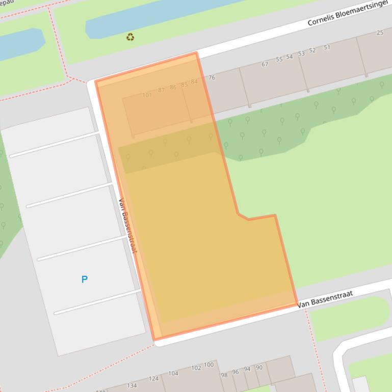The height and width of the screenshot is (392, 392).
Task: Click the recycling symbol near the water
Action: (130, 37)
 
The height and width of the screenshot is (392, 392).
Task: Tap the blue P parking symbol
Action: (85, 279)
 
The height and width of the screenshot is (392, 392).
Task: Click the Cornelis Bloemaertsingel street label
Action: (348, 14)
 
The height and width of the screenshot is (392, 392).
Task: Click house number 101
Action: (147, 95)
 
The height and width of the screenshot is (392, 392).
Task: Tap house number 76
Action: (212, 78)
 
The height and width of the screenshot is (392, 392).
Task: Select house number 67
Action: (265, 65)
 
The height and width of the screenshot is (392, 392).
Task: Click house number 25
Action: (380, 33)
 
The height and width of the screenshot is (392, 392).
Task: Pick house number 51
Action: (327, 47)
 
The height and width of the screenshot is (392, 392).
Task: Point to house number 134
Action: (132, 385)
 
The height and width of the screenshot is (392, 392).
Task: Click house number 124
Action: (153, 378)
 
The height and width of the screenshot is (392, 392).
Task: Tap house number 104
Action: (173, 373)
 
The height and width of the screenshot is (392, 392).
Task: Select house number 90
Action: (259, 368)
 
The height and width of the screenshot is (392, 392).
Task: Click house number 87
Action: (162, 90)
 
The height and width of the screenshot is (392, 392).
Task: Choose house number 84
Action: (194, 81)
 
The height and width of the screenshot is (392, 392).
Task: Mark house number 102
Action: (196, 368)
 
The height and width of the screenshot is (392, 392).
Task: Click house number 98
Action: (224, 375)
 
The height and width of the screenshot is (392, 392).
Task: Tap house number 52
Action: (312, 50)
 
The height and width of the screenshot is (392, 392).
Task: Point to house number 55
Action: (279, 60)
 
